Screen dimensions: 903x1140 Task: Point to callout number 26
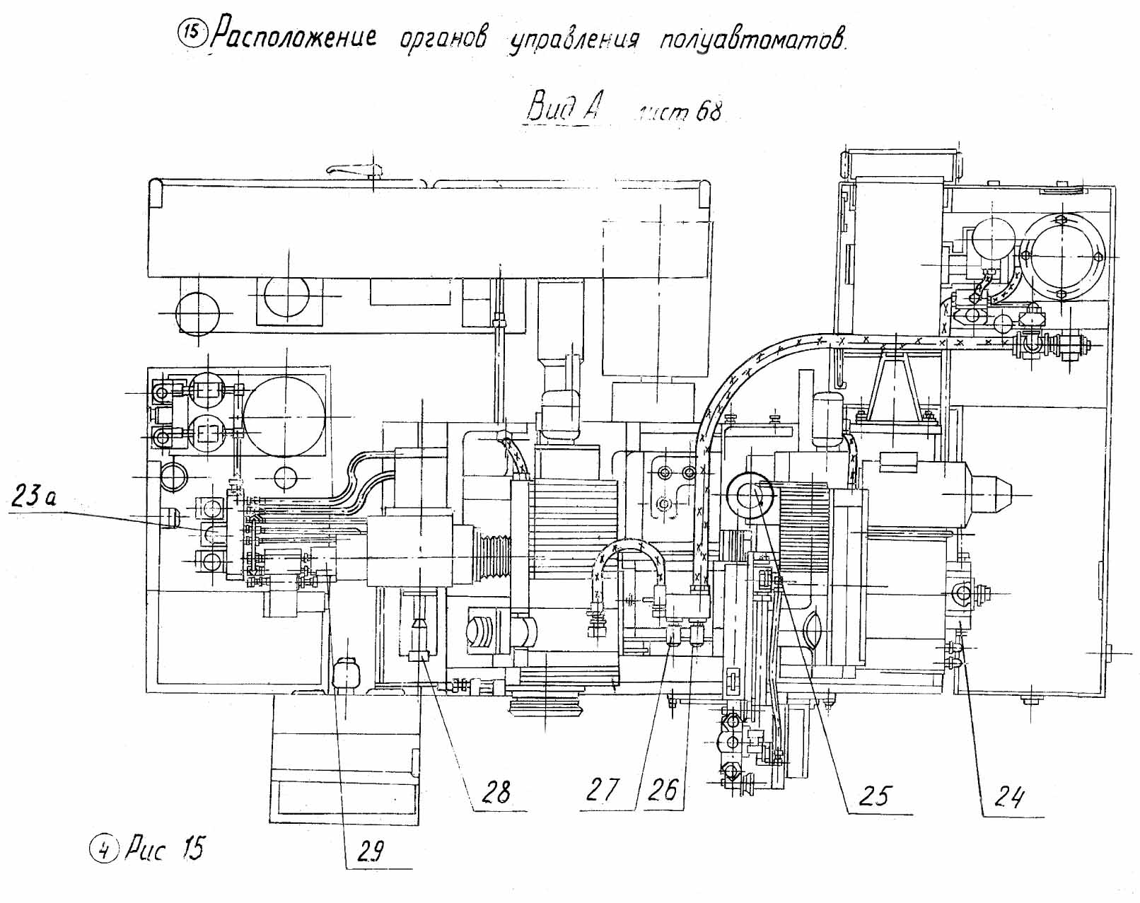663,789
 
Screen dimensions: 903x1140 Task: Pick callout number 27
602,789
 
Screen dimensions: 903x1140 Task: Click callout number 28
496,791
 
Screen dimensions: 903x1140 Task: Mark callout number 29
370,853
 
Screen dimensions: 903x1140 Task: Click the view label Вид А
564,108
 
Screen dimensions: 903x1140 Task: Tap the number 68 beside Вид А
708,112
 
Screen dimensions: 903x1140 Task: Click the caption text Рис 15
164,848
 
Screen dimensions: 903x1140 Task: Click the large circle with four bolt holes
1062,256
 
